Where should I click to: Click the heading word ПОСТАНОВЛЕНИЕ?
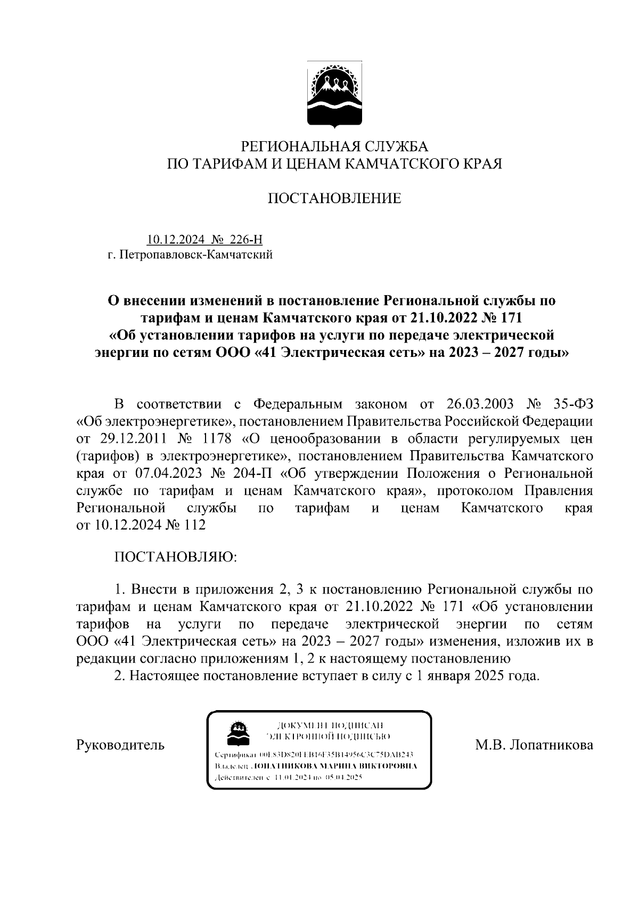pyautogui.click(x=334, y=199)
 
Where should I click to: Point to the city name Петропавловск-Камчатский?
pyautogui.click(x=196, y=255)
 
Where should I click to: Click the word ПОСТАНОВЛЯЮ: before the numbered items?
pyautogui.click(x=175, y=557)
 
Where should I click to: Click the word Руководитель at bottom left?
pyautogui.click(x=121, y=745)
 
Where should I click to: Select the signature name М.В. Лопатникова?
pyautogui.click(x=534, y=745)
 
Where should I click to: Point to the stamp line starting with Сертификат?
pyautogui.click(x=314, y=755)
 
